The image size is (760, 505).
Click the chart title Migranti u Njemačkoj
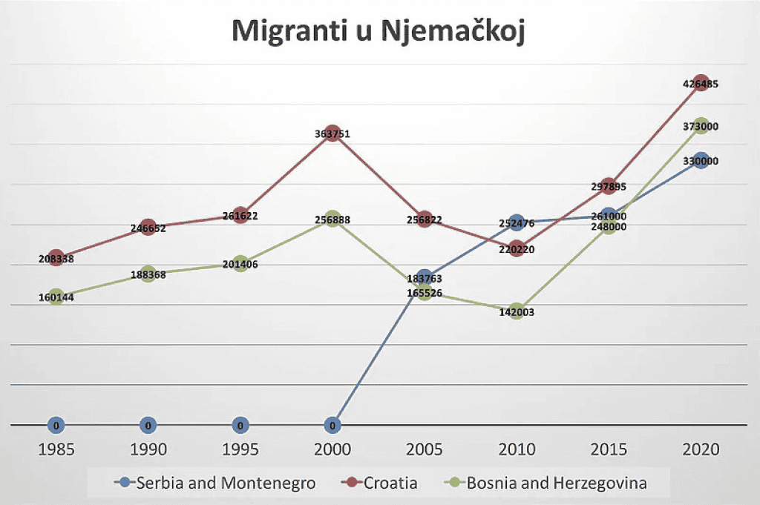click(x=379, y=32)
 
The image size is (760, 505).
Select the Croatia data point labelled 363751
click(x=332, y=135)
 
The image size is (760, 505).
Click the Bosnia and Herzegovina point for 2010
click(x=517, y=311)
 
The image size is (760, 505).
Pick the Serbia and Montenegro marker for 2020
click(x=701, y=161)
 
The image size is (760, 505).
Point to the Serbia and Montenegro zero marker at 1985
click(x=56, y=426)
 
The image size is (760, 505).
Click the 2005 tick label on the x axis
click(x=425, y=450)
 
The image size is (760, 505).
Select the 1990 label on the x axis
click(x=148, y=450)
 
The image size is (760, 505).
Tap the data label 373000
click(x=701, y=127)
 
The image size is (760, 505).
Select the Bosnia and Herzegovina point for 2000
click(x=332, y=220)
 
